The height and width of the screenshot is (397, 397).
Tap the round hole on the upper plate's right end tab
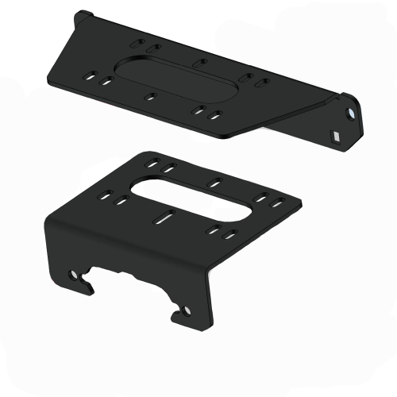(x=350, y=116)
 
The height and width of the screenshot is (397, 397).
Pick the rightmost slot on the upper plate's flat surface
(x=261, y=82)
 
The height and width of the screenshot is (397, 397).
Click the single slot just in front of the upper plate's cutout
(x=151, y=98)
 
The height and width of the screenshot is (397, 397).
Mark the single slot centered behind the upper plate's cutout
(x=199, y=60)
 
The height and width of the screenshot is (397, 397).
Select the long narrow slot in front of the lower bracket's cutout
(x=167, y=215)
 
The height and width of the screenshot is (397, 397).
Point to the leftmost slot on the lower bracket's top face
(x=106, y=192)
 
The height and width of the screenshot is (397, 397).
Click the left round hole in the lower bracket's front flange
(x=76, y=277)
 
